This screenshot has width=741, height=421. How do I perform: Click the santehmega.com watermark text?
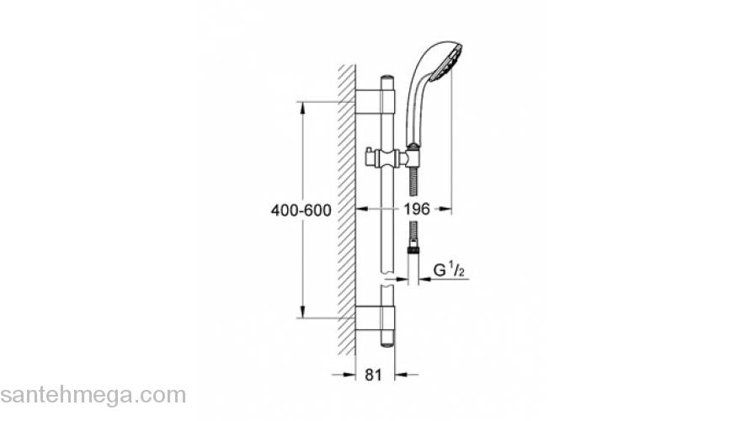[93, 395]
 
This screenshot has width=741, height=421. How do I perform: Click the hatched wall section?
[345, 210]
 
